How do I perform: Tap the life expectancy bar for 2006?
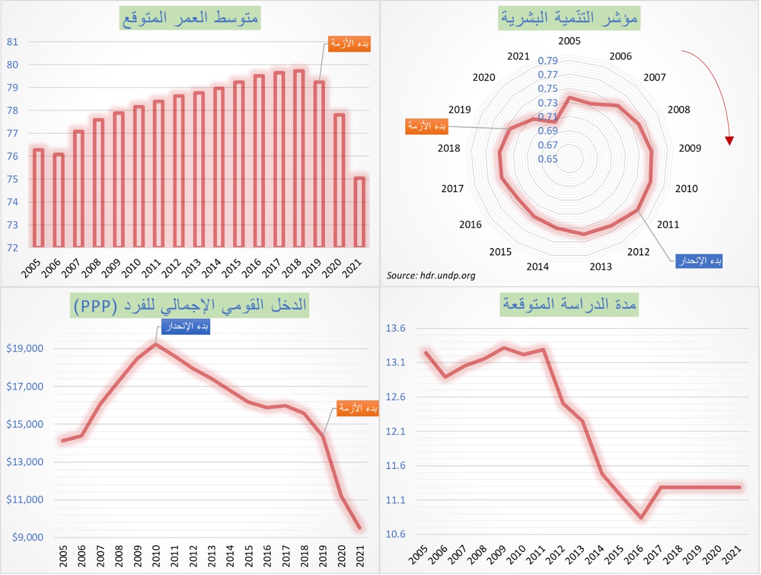pyautogui.click(x=58, y=200)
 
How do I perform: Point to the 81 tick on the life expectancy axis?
pyautogui.click(x=13, y=42)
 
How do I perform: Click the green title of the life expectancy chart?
pyautogui.click(x=190, y=18)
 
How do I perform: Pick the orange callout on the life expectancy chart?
pyautogui.click(x=349, y=43)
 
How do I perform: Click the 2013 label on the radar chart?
pyautogui.click(x=601, y=267)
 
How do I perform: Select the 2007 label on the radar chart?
pyautogui.click(x=654, y=77)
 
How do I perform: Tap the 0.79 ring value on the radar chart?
pyautogui.click(x=548, y=61)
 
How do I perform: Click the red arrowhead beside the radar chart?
pyautogui.click(x=730, y=141)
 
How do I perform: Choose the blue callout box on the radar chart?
pyautogui.click(x=699, y=260)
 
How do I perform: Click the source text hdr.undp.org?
pyautogui.click(x=431, y=275)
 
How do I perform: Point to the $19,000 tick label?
pyautogui.click(x=25, y=349)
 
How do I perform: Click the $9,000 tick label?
pyautogui.click(x=28, y=537)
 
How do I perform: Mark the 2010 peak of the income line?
pyautogui.click(x=156, y=344)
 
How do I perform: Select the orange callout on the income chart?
pyautogui.click(x=357, y=408)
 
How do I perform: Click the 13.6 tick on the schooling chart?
pyautogui.click(x=395, y=328)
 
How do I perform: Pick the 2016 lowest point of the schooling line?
pyautogui.click(x=641, y=517)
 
